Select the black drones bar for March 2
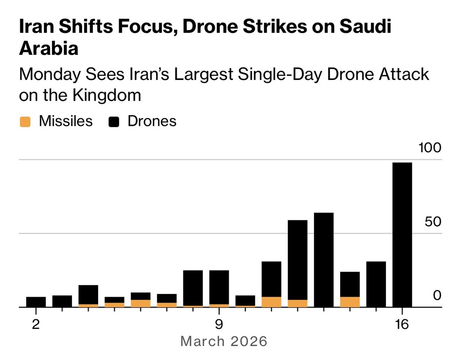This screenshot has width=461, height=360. [x=36, y=302]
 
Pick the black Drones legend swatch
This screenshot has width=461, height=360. [x=114, y=122]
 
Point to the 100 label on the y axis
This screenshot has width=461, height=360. [x=430, y=148]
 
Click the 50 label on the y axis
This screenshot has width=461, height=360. [x=433, y=222]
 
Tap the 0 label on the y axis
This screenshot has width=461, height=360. [x=437, y=295]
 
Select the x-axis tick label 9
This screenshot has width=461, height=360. [x=219, y=325]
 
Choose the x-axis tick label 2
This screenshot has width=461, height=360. [x=36, y=325]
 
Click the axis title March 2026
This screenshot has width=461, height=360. [x=224, y=341]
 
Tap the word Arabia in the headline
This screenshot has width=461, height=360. [x=48, y=48]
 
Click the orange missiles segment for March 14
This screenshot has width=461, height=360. [x=350, y=302]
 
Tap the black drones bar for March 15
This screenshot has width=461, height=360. [x=376, y=284]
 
